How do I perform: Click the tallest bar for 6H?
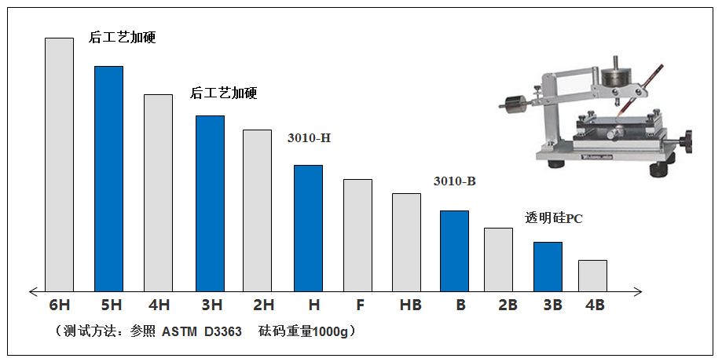tap(59, 164)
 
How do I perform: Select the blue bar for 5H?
tap(108, 178)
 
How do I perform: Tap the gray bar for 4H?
tap(158, 192)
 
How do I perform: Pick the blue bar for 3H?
tap(210, 203)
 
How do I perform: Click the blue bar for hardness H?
tap(308, 228)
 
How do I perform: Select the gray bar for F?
tap(357, 235)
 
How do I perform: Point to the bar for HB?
tap(406, 242)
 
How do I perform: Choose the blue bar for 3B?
tap(548, 266)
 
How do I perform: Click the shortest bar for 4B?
tap(592, 276)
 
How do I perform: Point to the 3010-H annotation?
tap(309, 138)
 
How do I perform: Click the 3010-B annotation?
tap(455, 181)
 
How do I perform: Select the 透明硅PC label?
tap(554, 218)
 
